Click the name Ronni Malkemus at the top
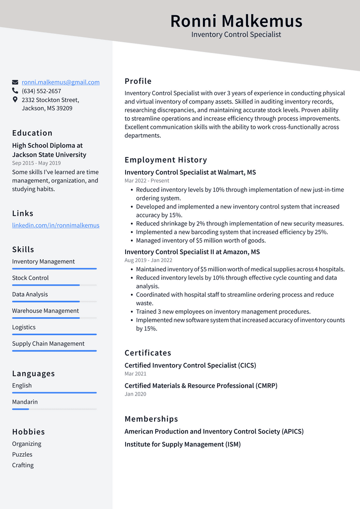point(236,21)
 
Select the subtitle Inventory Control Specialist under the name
point(236,35)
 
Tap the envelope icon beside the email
point(15,82)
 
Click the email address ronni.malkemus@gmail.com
point(60,82)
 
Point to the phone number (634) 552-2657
point(41,91)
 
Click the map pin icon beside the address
point(15,100)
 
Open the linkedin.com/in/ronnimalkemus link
point(56,225)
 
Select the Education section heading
point(32,133)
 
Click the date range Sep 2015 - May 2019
point(36,163)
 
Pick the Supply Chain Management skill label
point(48,344)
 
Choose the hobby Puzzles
point(22,455)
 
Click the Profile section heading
point(138,81)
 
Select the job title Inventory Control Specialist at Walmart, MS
point(190,172)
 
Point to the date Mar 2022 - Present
point(147,181)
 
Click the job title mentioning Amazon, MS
point(192,252)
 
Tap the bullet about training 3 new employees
point(223,312)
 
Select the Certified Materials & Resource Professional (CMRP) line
point(201,386)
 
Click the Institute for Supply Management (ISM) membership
point(182,444)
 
